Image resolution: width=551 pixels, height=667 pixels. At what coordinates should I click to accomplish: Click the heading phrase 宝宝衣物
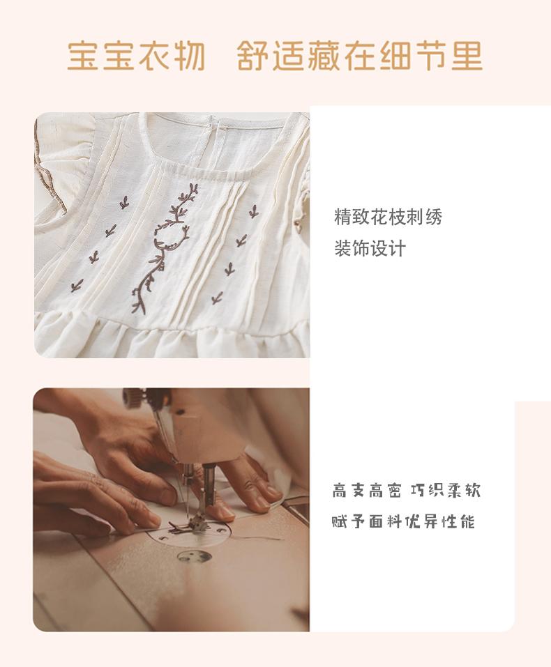point(136,56)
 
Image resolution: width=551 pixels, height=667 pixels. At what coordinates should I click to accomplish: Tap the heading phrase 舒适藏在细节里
point(360,56)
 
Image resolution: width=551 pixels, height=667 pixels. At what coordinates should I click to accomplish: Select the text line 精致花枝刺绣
point(388,217)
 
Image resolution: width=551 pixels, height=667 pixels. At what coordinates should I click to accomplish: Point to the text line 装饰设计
point(370,248)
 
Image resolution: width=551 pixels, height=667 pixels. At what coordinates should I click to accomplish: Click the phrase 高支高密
point(367,491)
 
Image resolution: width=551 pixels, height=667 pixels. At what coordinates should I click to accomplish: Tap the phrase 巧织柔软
point(446,491)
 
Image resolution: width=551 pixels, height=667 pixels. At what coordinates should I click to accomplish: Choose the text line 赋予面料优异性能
point(403,521)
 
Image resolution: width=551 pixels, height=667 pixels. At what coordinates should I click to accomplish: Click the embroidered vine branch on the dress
point(163,247)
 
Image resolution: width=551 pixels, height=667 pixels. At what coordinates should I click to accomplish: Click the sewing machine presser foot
point(198,523)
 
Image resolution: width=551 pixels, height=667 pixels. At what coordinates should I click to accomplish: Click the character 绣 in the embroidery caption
point(433,217)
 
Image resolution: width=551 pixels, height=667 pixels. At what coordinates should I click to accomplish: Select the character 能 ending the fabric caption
point(467,521)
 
